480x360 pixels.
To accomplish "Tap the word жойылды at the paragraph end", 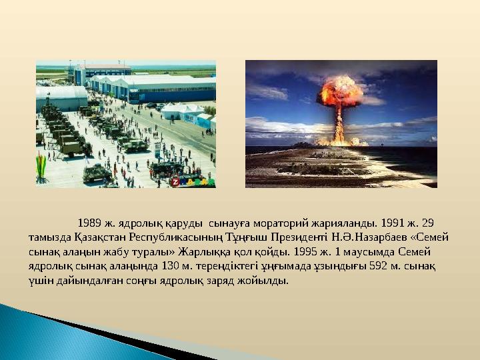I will [268, 281].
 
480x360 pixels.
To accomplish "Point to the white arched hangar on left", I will [60, 98].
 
